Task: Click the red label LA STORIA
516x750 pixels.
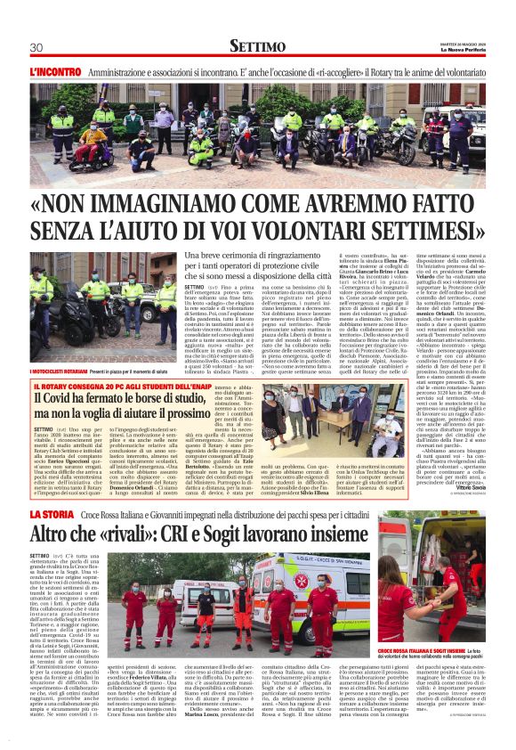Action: [x=52, y=516]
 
